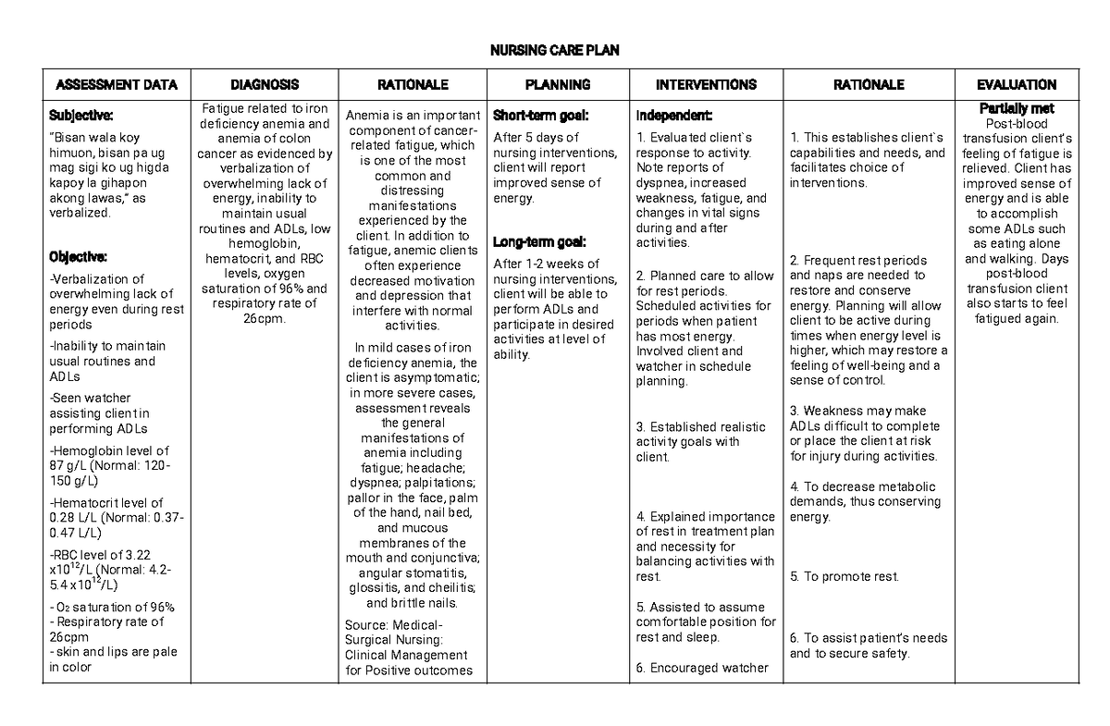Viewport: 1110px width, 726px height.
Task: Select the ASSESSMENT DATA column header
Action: [x=117, y=85]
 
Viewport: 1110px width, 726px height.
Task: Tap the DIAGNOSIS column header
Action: [x=265, y=85]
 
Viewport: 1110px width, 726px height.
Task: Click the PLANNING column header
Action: [x=558, y=85]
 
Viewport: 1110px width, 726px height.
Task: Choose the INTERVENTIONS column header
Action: [x=706, y=85]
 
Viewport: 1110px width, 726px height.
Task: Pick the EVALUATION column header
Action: [x=1017, y=85]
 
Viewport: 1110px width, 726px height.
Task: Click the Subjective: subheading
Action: [x=80, y=116]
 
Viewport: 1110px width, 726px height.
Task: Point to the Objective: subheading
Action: [x=79, y=256]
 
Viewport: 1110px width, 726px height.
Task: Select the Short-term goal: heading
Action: [x=541, y=116]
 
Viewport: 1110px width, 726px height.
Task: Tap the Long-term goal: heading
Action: [x=539, y=242]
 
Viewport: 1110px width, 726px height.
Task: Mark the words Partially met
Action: [x=1016, y=108]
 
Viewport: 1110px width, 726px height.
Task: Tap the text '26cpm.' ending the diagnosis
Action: [x=265, y=319]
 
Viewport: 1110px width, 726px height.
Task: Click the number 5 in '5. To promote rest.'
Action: [x=795, y=577]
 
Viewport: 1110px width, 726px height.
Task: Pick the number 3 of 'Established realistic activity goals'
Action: [x=639, y=427]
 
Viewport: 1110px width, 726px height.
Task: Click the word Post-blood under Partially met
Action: [x=1016, y=124]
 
